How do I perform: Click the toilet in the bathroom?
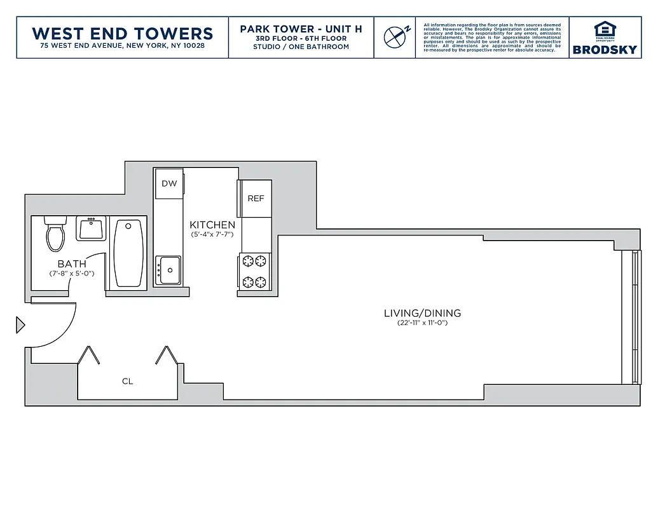coord(55,234)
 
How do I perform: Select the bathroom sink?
coord(92,228)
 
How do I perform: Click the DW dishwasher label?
coord(168,184)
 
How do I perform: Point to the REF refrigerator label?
coord(256,199)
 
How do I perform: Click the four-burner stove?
coord(255,271)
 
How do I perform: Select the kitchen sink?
coord(170,270)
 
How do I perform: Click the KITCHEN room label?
coord(212,225)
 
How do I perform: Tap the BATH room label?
coord(72,264)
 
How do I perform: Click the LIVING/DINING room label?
coord(422,313)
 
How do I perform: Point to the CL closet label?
coord(128,381)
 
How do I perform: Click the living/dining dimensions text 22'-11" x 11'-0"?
coord(422,323)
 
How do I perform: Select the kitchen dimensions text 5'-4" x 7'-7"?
coord(212,234)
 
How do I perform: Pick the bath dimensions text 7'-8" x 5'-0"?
coord(72,274)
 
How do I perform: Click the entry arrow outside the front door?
coord(20,325)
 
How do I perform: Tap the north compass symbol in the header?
coord(396,37)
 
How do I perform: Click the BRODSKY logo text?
coord(604,50)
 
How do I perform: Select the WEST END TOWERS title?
coord(122,33)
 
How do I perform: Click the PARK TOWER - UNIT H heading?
coord(301,29)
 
